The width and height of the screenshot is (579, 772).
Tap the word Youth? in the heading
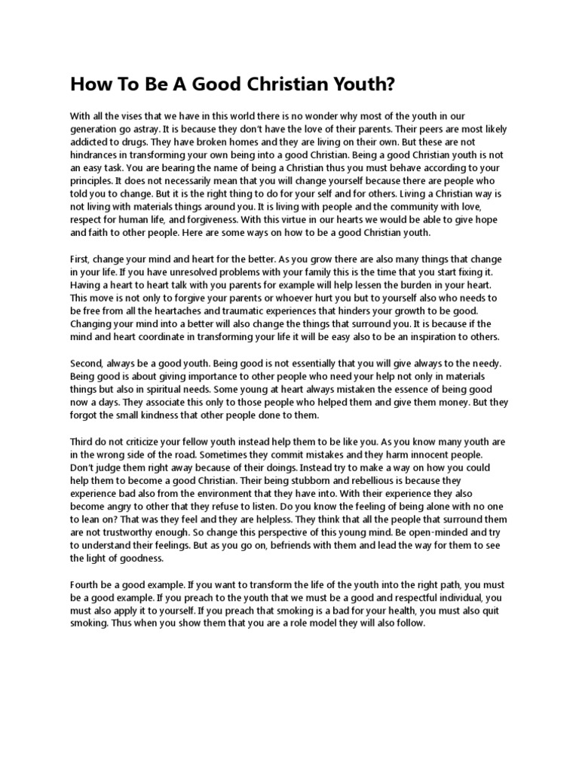click(x=362, y=84)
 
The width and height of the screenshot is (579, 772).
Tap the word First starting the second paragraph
click(x=81, y=259)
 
